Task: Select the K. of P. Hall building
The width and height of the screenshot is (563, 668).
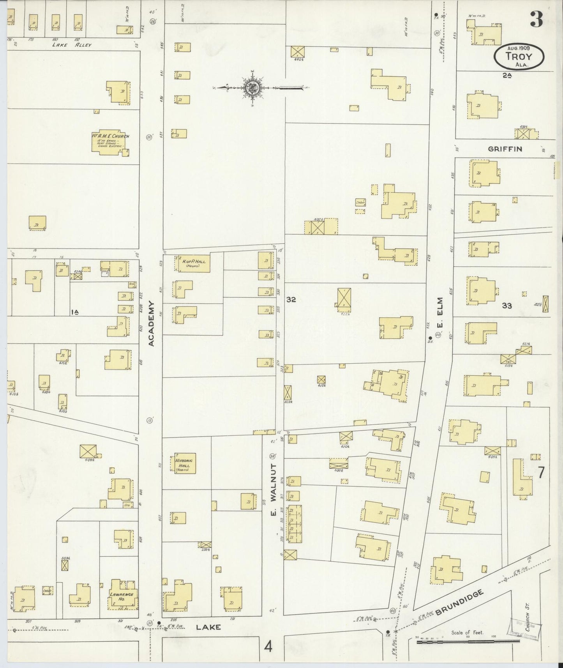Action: (x=193, y=263)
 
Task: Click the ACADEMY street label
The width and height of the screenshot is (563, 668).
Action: (x=152, y=323)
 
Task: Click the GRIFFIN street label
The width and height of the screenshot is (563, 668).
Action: (x=505, y=149)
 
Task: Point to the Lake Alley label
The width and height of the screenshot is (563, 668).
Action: (x=72, y=45)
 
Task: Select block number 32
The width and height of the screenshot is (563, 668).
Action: (x=291, y=300)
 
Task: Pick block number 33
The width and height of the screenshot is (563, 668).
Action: (x=507, y=306)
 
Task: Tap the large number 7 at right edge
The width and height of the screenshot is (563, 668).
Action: (x=541, y=472)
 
